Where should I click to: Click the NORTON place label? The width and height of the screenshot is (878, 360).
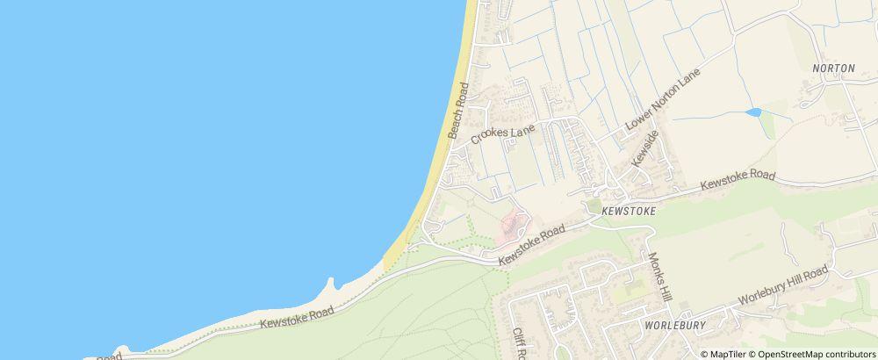point(833,68)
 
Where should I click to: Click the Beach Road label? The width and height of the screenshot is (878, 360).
point(459,111)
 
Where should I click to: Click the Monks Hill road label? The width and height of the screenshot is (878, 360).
point(659,277)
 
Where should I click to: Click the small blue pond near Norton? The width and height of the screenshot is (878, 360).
point(752,112)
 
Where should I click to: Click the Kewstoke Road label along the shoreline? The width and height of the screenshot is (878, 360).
point(298,318)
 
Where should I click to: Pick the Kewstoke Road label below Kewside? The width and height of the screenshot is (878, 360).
point(738,182)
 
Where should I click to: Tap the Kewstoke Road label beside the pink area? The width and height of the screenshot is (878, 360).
point(531,245)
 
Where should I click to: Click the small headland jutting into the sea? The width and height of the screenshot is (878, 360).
point(331,285)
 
